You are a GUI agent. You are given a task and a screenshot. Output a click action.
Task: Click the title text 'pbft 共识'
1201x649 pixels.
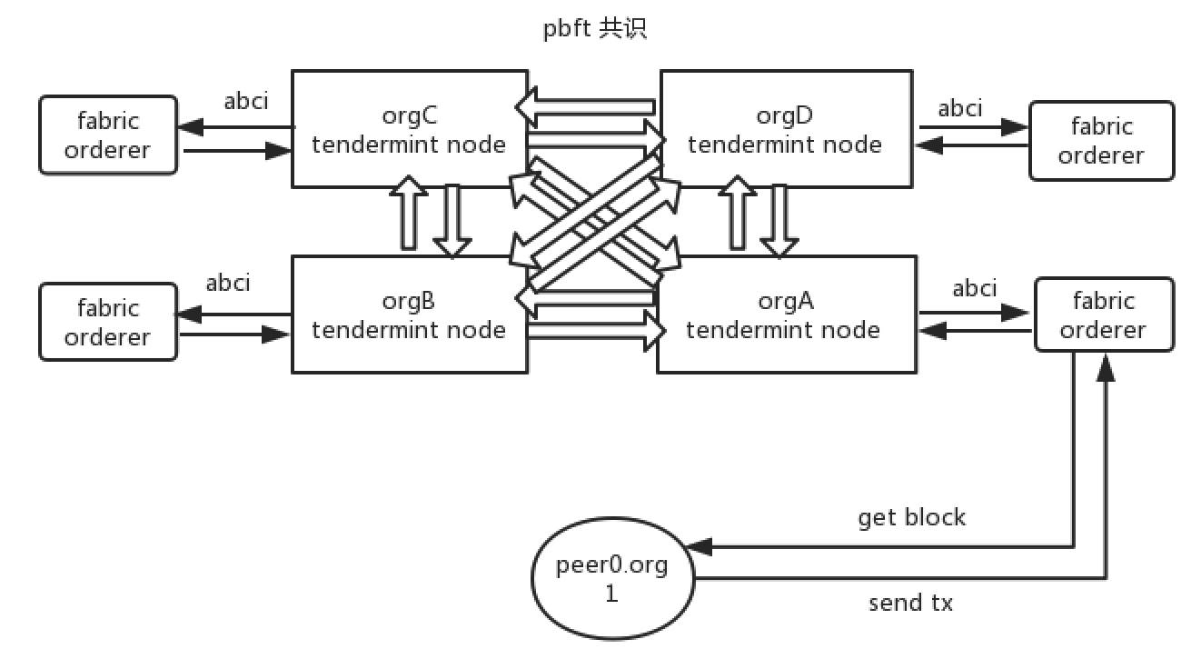594,29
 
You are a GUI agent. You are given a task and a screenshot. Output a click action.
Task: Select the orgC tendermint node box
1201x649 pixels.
409,129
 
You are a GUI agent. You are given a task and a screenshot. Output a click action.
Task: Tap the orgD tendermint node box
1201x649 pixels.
783,129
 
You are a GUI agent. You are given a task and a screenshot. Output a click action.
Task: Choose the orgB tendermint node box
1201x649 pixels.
409,314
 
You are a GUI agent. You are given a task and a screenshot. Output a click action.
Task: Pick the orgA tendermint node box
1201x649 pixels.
783,314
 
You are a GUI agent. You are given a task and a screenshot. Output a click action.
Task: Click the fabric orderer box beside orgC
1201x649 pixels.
108,135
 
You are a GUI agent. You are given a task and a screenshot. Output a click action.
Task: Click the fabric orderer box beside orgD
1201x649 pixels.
1101,140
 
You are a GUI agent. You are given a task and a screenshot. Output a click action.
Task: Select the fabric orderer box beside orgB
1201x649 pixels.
108,322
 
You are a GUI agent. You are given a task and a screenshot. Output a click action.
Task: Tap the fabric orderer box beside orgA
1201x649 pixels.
1104,315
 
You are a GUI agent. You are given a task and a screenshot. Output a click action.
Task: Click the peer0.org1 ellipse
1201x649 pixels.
611,579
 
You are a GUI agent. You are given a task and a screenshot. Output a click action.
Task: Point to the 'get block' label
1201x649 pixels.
911,517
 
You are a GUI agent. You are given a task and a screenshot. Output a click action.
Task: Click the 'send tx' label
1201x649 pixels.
910,602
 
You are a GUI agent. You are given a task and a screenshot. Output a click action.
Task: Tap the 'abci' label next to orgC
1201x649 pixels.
246,100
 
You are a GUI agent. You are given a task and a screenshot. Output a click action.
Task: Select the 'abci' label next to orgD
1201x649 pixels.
960,108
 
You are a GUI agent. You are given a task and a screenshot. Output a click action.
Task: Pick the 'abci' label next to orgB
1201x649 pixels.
228,283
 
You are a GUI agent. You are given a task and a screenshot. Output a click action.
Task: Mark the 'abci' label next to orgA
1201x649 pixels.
974,288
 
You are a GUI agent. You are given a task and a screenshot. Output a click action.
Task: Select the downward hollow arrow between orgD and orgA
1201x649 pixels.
779,220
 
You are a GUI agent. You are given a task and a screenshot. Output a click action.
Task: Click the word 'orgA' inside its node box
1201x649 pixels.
782,300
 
